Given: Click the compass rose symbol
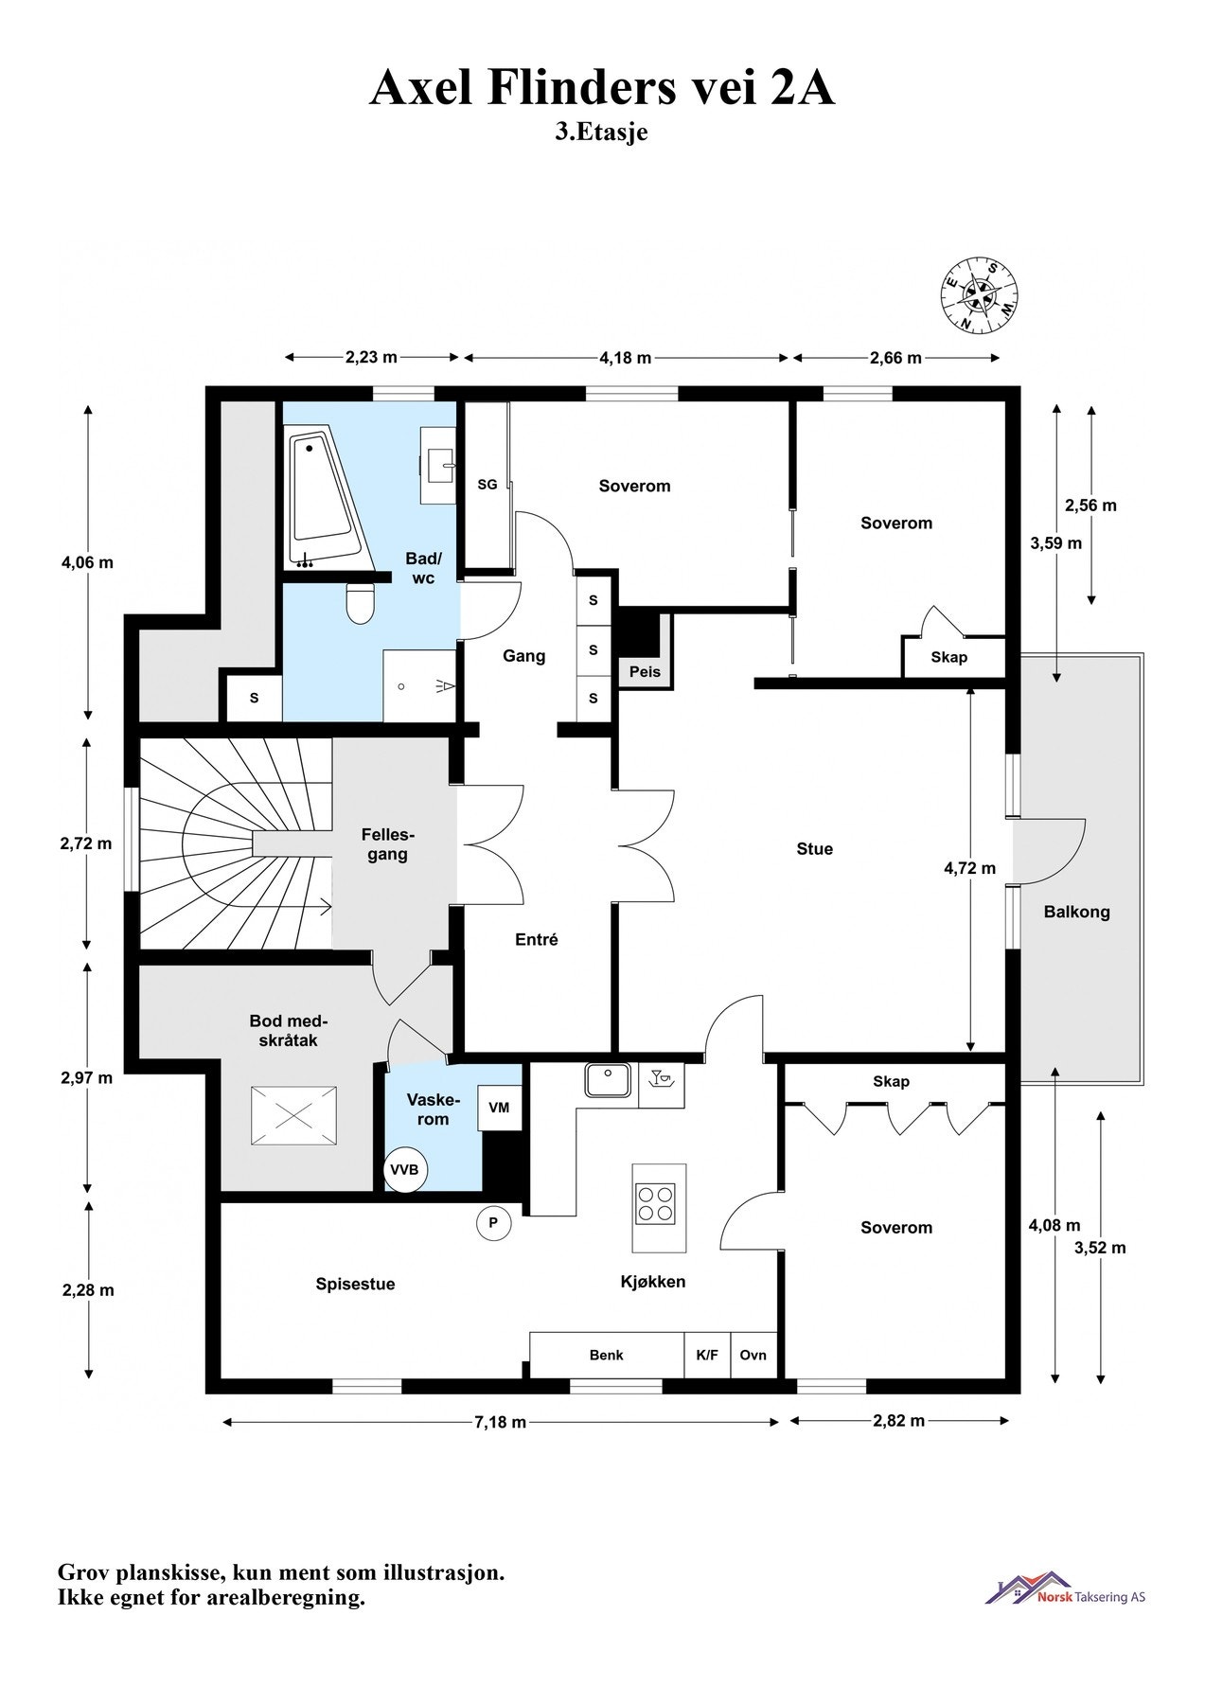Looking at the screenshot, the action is (x=981, y=295).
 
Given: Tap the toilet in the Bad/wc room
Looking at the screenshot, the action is (x=361, y=602).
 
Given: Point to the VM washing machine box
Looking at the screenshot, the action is (x=500, y=1108).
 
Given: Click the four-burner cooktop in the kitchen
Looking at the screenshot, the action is (x=656, y=1203).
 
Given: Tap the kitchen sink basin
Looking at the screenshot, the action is (x=608, y=1081).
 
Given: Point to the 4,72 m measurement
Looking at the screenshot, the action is (x=970, y=867).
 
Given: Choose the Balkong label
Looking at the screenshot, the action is (x=1077, y=913).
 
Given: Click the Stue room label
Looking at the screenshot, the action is (x=815, y=849).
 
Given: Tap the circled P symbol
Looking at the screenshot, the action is (x=493, y=1223).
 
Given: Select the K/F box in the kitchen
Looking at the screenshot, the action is (x=707, y=1355).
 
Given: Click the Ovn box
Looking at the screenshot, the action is (x=753, y=1355).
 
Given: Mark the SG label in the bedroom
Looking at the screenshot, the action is (x=487, y=485).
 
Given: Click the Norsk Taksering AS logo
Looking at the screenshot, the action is (x=1065, y=1588).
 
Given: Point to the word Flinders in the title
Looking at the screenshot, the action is (x=576, y=89).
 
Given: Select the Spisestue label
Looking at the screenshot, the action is (x=356, y=1285).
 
